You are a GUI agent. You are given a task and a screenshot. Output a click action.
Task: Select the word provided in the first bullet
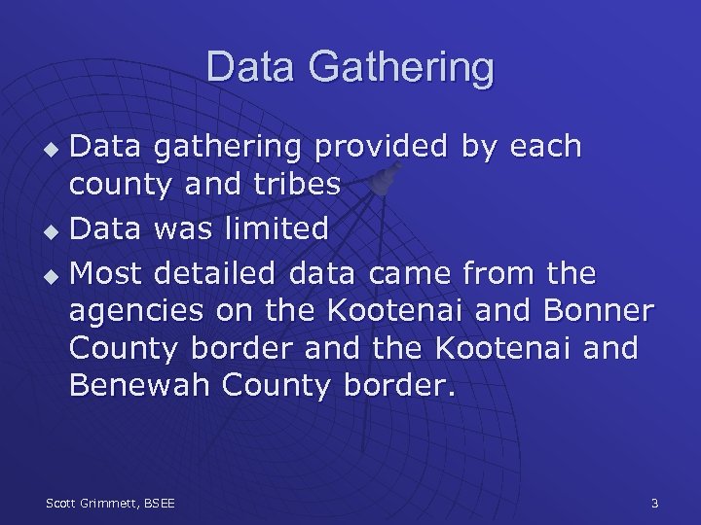382,147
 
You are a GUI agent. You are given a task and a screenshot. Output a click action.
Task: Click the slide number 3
654,503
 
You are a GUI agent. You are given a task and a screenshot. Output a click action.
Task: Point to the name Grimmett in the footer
111,503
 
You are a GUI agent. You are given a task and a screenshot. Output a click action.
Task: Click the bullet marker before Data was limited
53,231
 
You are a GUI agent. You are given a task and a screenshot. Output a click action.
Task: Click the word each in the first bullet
544,147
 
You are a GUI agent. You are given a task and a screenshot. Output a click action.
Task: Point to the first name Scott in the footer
63,503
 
